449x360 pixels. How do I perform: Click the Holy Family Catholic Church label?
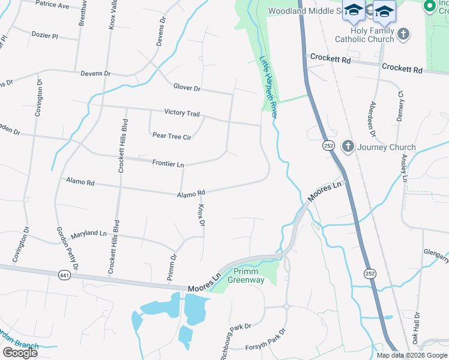click(364, 34)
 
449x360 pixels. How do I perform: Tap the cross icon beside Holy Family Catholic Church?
click(403, 34)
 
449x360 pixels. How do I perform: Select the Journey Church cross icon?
click(348, 146)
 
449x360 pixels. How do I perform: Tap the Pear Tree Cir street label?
click(172, 137)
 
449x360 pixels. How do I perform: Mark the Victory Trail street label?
click(182, 113)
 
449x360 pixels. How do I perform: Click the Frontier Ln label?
click(168, 163)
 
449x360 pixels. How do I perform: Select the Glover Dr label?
click(187, 88)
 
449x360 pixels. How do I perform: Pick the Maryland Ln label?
click(88, 233)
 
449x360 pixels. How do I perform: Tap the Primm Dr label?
click(173, 265)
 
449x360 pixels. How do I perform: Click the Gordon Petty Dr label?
click(67, 249)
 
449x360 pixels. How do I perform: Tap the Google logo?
click(20, 353)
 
